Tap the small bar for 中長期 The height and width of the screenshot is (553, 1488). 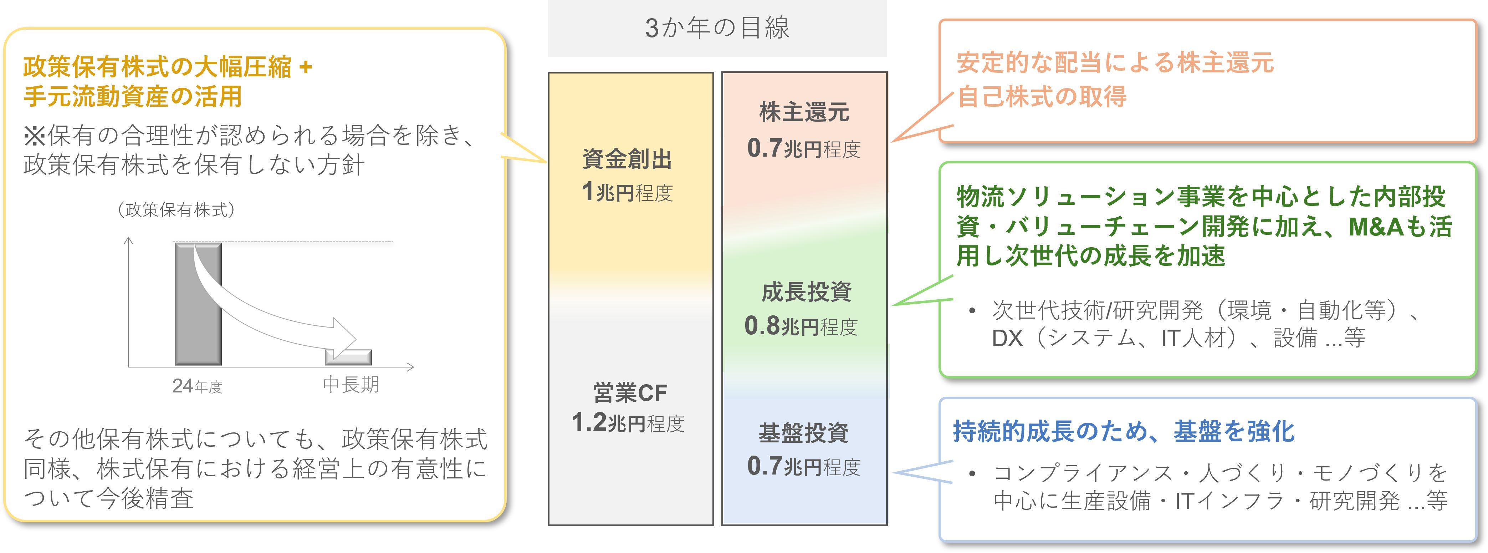pos(348,357)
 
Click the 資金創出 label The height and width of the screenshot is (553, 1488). pos(627,159)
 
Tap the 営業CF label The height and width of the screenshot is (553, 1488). pos(630,393)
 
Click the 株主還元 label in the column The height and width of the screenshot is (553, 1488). pos(804,112)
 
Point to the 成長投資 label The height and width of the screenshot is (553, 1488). pos(806,292)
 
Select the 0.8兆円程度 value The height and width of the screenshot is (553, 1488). pos(801,326)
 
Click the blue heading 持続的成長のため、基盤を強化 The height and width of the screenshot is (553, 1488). pos(1124,431)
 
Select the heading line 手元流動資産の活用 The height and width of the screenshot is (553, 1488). pos(132,96)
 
